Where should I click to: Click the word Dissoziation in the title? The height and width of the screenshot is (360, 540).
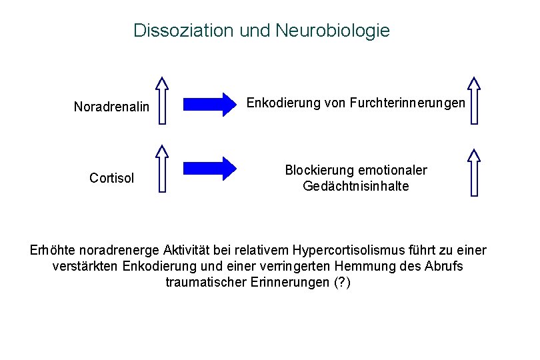point(175,31)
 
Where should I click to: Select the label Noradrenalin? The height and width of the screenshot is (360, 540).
point(111,107)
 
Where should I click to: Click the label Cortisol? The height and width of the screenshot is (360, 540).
point(112,178)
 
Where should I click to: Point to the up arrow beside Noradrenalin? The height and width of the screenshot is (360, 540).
point(162,100)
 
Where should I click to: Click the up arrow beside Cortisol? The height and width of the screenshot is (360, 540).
point(162,170)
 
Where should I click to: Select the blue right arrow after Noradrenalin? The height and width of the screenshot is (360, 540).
point(210,104)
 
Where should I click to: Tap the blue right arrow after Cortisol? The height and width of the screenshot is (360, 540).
point(210,169)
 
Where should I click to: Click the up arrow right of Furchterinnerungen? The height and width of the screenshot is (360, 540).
point(474,100)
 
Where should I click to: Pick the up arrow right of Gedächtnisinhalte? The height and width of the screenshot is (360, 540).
point(474,172)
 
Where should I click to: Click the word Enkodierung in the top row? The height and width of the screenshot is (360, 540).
point(278,103)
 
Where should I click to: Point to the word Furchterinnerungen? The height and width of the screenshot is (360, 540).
point(408,103)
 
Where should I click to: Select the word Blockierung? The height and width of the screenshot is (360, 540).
point(319,171)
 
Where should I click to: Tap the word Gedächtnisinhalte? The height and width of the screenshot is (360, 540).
point(356,187)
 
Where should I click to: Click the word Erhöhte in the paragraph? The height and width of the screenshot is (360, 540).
point(53,251)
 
